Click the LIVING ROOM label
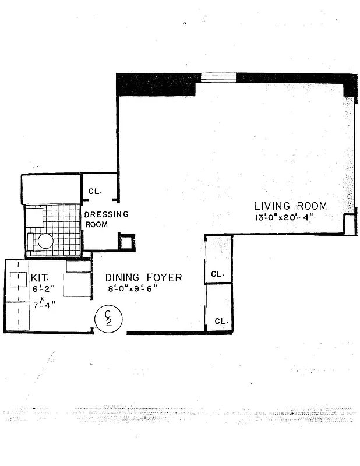[290, 206]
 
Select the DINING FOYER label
[143, 277]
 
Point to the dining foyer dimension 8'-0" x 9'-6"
[132, 288]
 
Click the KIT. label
[41, 277]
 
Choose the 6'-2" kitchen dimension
[43, 288]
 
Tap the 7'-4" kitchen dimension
[43, 304]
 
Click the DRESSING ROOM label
[107, 219]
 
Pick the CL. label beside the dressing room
[95, 191]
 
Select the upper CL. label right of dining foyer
[218, 274]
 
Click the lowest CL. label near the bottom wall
[221, 321]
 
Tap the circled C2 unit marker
[108, 320]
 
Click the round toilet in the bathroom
[45, 241]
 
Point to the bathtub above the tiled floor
[50, 189]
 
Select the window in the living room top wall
[218, 77]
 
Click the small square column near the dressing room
[126, 242]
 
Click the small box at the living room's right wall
[349, 224]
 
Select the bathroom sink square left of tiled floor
[33, 217]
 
